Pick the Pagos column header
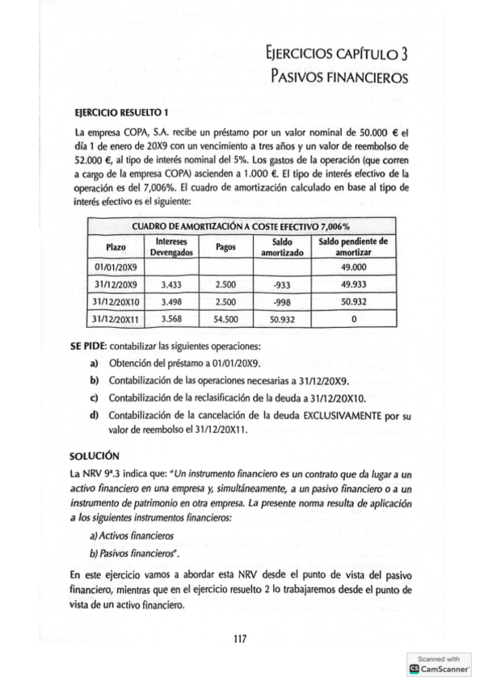(x=225, y=246)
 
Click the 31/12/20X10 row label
(x=116, y=302)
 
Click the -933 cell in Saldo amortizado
(x=281, y=284)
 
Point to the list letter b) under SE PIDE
(x=95, y=380)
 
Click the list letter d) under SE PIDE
(x=95, y=416)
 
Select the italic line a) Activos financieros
(x=129, y=534)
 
